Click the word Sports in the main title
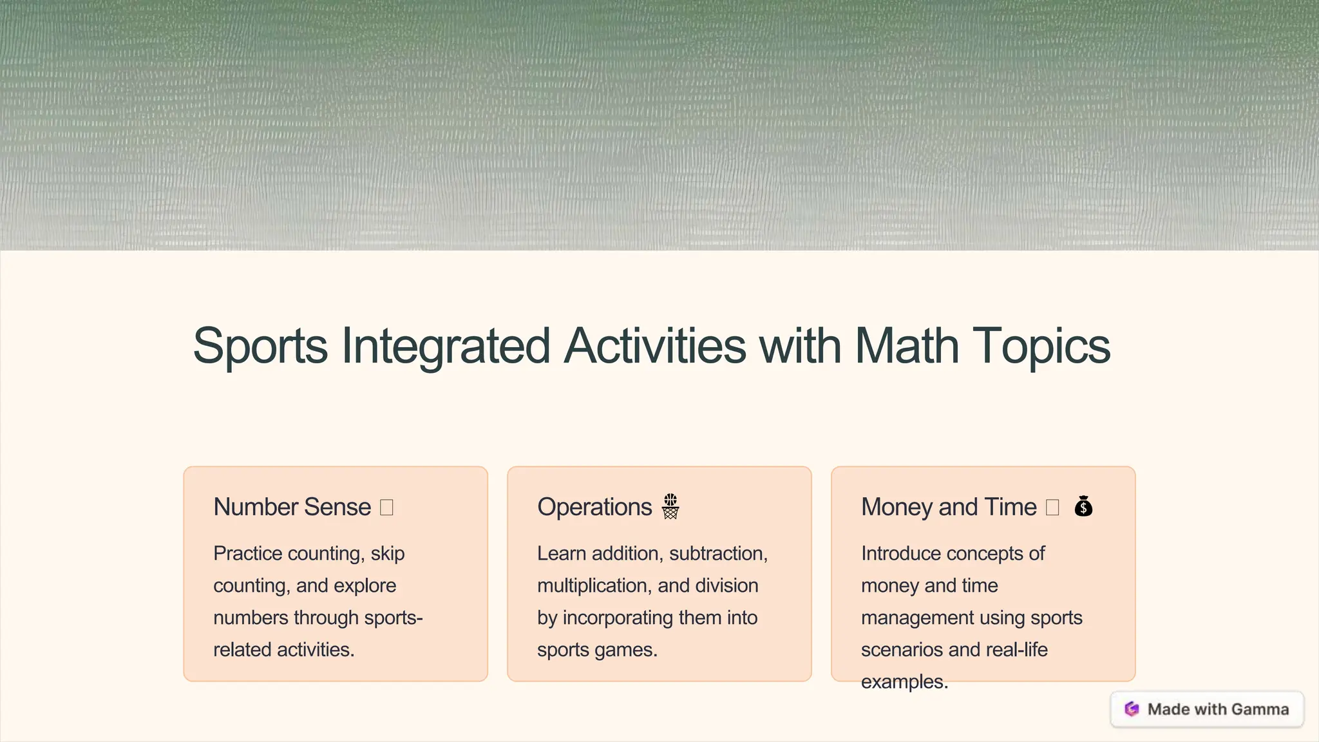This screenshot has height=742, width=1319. tap(260, 347)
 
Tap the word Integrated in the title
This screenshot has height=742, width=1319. tap(445, 347)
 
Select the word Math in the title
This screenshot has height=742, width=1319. tap(906, 347)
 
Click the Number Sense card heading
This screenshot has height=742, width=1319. tap(292, 507)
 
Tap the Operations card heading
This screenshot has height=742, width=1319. tap(594, 507)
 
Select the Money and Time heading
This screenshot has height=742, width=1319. tap(949, 507)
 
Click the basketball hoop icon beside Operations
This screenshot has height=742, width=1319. tap(670, 507)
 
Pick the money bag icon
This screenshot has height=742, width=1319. tap(1083, 507)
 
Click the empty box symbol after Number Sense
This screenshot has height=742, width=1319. tap(386, 508)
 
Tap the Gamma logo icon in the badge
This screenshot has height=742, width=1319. tap(1132, 709)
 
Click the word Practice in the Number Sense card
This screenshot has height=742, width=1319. tap(247, 553)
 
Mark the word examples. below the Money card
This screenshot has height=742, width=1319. tap(904, 681)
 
